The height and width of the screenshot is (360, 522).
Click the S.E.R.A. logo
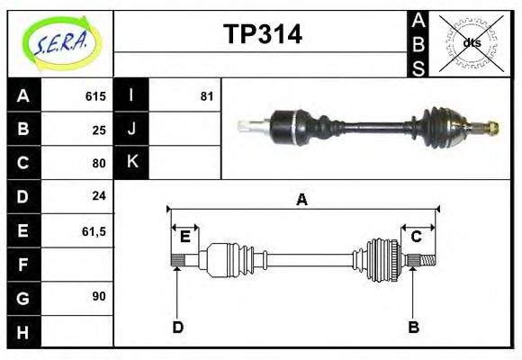pos(60,42)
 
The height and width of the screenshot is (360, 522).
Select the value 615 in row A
pos(94,96)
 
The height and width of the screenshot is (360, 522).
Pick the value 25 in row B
pos(98,130)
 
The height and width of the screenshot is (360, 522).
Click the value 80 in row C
pos(98,164)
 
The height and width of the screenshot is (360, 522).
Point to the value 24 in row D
pos(98,195)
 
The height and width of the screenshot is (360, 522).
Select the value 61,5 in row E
pos(94,231)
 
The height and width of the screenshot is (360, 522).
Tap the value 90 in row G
pos(98,296)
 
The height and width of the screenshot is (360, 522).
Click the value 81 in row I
pos(206,96)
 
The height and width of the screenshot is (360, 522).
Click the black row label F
pos(23,265)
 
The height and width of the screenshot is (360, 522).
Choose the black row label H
pos(23,331)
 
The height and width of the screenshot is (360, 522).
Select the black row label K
pos(132,162)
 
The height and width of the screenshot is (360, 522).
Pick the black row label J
pos(132,129)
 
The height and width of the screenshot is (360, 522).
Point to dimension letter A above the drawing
pos(302,200)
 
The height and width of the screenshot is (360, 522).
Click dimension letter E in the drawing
pos(184,237)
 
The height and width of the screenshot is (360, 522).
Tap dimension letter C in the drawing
pos(416,237)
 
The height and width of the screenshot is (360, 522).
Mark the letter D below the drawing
pos(177,327)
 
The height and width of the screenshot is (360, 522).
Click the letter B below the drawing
pos(413,327)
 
